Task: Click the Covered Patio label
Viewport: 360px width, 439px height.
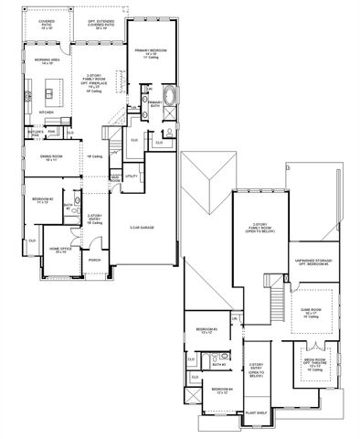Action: (x=47, y=22)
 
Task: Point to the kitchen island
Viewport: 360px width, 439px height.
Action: (x=51, y=91)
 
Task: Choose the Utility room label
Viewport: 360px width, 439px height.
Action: (x=131, y=175)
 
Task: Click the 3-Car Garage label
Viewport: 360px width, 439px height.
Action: (x=141, y=228)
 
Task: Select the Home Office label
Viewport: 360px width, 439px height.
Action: (x=60, y=249)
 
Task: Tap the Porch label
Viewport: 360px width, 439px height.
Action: (x=95, y=260)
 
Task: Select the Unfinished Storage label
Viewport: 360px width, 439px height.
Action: (x=312, y=262)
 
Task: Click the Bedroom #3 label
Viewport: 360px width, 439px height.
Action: (x=206, y=330)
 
